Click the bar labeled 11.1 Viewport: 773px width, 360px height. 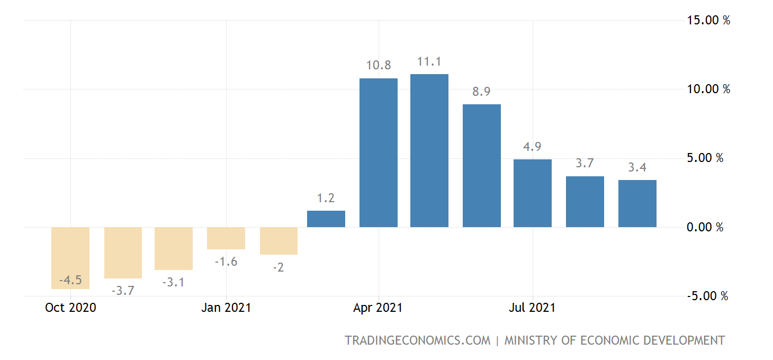pos(429,151)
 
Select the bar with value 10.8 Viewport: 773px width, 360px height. pos(379,153)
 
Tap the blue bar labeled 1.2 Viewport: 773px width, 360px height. pos(326,219)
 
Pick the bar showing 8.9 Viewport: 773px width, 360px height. pos(482,166)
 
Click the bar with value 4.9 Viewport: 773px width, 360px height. pos(533,193)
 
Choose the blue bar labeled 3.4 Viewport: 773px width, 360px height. pos(637,204)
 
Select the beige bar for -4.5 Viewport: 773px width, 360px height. pos(70,258)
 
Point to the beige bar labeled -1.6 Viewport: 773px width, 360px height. pos(226,238)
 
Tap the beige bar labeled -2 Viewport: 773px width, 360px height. pos(278,241)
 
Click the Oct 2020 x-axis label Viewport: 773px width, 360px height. pos(71,308)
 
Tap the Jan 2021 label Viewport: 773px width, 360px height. pos(226,308)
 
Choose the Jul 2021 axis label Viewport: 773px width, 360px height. pos(533,308)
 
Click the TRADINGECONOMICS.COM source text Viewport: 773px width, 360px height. pos(418,340)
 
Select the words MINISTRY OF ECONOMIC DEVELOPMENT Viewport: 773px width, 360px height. pos(614,340)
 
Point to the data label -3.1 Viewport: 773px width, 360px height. pos(174,283)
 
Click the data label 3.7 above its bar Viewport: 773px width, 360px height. pos(585,164)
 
